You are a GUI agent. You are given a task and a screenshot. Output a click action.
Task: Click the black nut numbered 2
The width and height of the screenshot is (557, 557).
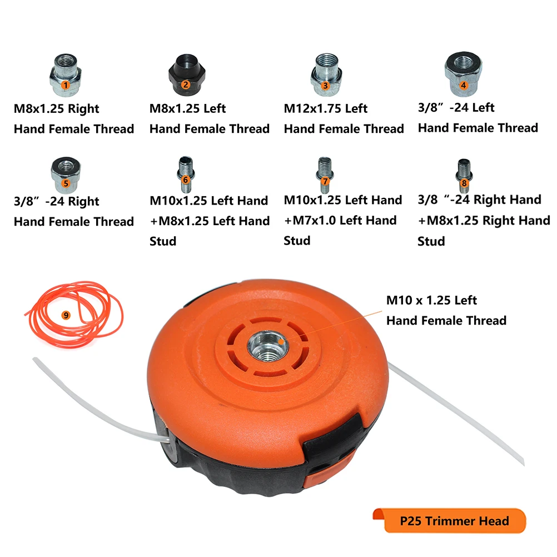[x=187, y=75]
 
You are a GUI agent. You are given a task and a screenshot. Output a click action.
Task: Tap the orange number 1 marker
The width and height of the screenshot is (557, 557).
[x=66, y=85]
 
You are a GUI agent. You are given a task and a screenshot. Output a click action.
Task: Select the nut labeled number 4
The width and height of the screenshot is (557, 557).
[x=463, y=74]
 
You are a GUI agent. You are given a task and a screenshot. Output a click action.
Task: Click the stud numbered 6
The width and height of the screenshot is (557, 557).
[x=186, y=175]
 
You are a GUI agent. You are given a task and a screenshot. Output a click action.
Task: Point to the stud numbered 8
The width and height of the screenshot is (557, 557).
[x=464, y=176]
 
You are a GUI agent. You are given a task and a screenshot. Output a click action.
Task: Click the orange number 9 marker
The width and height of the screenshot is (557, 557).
[x=66, y=315]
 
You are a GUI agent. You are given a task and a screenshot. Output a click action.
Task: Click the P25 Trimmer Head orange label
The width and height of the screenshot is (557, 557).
[x=449, y=520]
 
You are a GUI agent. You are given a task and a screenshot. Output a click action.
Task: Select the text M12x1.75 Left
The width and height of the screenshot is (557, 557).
[x=325, y=108]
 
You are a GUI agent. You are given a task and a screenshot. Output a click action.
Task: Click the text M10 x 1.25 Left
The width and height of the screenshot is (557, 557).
[x=431, y=300]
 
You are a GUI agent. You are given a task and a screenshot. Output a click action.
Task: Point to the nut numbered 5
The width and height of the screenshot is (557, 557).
[x=66, y=175]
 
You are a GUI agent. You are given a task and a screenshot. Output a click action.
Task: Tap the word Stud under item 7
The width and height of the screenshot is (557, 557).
[x=297, y=241]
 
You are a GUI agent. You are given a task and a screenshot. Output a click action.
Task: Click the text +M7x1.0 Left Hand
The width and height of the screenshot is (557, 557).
[x=340, y=220]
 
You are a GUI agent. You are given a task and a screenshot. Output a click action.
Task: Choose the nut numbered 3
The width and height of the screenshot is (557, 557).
[x=326, y=74]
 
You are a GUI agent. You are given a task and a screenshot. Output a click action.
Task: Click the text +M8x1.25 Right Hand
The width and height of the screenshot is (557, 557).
[x=484, y=221]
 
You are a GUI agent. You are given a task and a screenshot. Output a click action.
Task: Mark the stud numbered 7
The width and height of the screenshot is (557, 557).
[x=325, y=175]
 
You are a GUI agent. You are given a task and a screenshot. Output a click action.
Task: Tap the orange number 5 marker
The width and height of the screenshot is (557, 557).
[x=66, y=183]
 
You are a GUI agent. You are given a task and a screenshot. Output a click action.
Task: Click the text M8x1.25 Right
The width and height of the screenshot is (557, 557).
[x=57, y=109]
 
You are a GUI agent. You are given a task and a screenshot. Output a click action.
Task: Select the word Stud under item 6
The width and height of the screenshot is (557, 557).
[x=163, y=241]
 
